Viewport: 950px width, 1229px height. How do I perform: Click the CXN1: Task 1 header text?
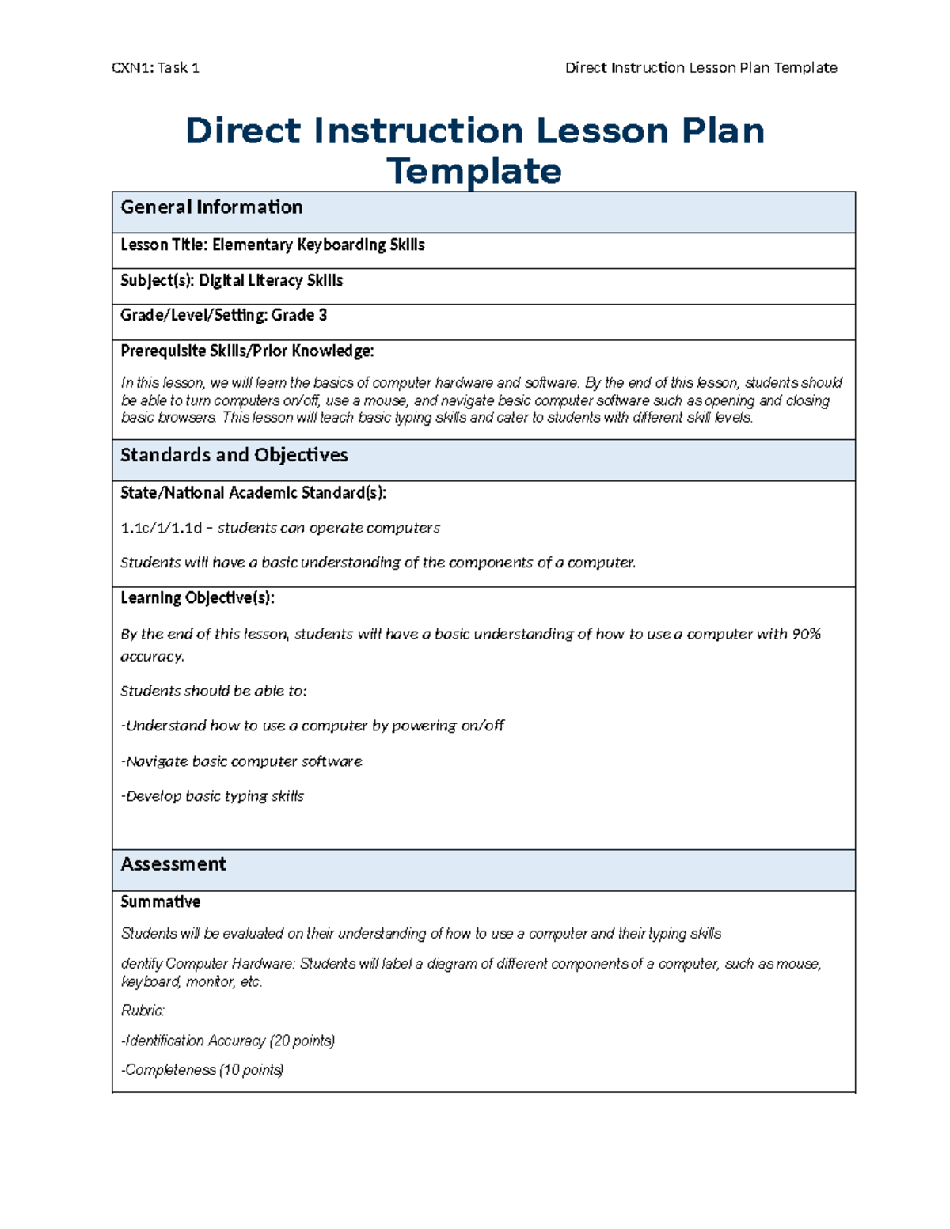(155, 68)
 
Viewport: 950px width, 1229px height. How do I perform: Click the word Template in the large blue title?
(474, 171)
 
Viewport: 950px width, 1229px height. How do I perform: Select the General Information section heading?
(211, 207)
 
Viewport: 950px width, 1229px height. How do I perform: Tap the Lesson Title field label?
(164, 245)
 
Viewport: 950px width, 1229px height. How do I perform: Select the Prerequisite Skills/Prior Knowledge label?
(247, 351)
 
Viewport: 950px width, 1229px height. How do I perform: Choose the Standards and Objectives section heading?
(234, 456)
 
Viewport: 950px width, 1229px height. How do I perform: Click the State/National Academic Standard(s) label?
(253, 493)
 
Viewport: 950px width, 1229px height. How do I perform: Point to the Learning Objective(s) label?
(197, 598)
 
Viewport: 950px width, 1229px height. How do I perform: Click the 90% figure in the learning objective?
(806, 634)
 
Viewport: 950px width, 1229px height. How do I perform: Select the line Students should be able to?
(213, 691)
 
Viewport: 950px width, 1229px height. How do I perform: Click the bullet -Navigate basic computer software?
(241, 761)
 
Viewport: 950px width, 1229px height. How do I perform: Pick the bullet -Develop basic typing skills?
(212, 796)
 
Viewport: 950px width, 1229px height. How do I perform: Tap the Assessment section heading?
(173, 864)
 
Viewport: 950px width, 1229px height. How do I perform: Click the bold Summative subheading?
(160, 902)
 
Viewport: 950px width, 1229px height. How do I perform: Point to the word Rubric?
(142, 1011)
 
